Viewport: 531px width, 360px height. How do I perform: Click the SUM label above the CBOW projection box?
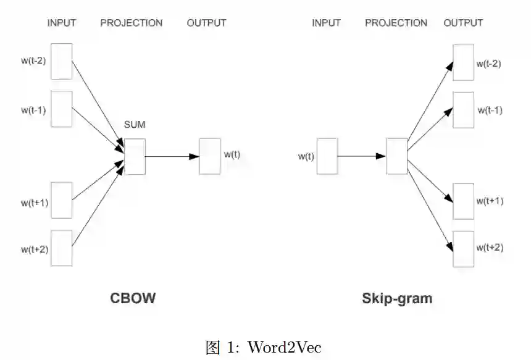[x=135, y=125]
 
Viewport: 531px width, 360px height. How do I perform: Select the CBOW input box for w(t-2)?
[x=62, y=61]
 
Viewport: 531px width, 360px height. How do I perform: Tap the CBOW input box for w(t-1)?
[x=62, y=109]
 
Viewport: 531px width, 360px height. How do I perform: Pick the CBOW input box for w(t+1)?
[x=62, y=200]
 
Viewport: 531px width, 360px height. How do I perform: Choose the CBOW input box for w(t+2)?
[x=62, y=248]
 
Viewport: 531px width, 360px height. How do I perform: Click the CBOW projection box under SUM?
[x=135, y=156]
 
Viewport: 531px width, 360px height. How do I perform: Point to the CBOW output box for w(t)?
[x=210, y=156]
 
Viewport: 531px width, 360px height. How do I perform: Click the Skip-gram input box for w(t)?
[x=327, y=156]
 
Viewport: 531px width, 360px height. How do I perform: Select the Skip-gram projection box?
[x=396, y=156]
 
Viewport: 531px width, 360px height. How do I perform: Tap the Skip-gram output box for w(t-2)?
[x=464, y=62]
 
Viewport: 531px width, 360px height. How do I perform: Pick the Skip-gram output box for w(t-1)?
[x=464, y=110]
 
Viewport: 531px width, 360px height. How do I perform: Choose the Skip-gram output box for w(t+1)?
[x=464, y=201]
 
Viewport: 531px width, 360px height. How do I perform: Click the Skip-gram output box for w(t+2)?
[x=464, y=249]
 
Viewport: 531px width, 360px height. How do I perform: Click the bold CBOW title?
[x=133, y=299]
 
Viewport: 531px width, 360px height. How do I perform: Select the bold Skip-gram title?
[x=397, y=299]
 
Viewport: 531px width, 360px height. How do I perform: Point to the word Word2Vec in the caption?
[x=285, y=347]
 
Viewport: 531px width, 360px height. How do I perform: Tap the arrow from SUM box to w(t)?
[x=172, y=156]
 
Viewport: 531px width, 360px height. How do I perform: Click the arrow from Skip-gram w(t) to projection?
[x=362, y=156]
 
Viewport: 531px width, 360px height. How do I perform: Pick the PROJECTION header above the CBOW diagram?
[x=132, y=23]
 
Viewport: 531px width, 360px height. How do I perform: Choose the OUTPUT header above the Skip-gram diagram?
[x=463, y=23]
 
